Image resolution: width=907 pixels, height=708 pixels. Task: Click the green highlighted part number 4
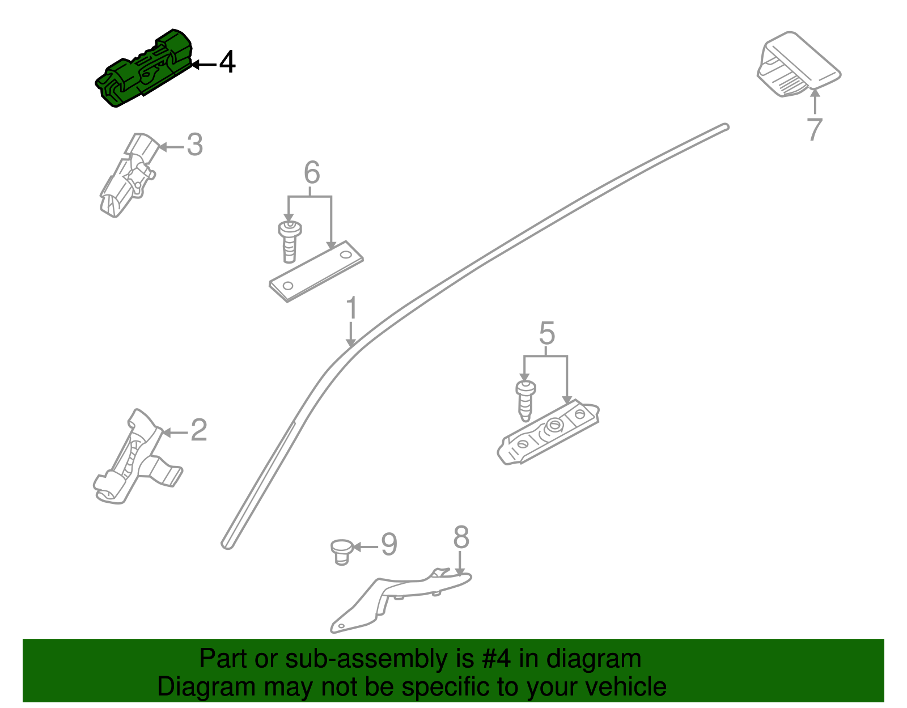tap(145, 71)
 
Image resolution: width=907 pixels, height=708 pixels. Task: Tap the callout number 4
tap(227, 62)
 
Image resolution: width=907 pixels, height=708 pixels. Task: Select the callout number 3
tap(194, 145)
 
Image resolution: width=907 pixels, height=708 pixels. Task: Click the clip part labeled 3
tap(128, 176)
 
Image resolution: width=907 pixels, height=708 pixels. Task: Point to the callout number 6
tap(312, 172)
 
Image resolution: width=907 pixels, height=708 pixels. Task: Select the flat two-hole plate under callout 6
tap(316, 271)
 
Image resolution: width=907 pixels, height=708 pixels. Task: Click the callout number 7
tap(815, 129)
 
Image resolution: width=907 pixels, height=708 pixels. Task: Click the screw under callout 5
tap(525, 400)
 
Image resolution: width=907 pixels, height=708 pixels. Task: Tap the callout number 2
tap(198, 430)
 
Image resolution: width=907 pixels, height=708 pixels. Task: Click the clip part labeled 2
tap(136, 459)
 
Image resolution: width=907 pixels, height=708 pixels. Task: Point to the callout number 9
tap(389, 544)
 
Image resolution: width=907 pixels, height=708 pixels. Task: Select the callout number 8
tap(461, 537)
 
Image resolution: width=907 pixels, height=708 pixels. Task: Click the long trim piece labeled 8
tap(397, 595)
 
